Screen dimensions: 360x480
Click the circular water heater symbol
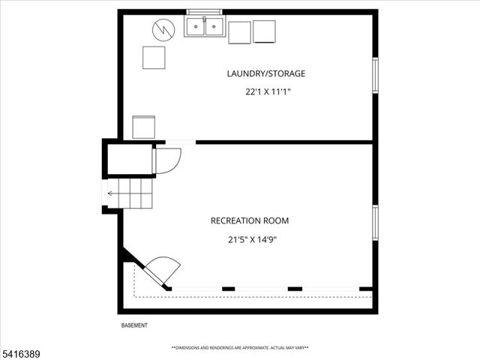163,30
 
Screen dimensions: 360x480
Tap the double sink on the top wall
205,28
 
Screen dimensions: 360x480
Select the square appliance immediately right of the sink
239,32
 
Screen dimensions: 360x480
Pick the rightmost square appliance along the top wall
265,32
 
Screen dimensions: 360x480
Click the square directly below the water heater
154,58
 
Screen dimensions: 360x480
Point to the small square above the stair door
143,127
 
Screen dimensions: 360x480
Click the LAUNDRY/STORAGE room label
266,73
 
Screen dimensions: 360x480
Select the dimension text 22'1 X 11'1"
267,92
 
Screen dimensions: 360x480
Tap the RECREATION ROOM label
250,220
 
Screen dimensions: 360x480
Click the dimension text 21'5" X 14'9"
250,240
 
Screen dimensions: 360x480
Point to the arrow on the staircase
111,193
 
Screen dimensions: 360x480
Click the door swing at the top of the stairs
167,160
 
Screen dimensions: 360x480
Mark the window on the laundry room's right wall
375,75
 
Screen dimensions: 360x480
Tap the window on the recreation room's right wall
375,222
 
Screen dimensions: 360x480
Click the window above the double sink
205,12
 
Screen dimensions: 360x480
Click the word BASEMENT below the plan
134,325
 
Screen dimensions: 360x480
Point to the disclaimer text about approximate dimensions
240,348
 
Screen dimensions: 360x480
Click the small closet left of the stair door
129,158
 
